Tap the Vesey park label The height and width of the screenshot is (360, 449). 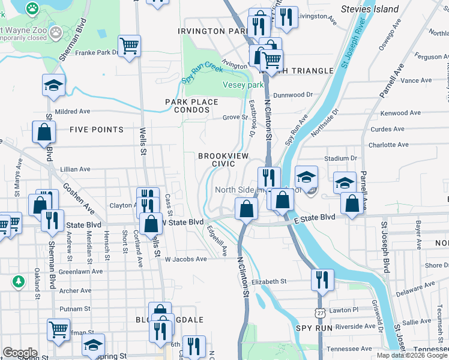tap(243, 85)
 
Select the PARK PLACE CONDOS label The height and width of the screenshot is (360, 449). tap(191, 106)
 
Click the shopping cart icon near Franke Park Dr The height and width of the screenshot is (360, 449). tap(130, 46)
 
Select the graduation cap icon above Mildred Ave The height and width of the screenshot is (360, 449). tap(53, 85)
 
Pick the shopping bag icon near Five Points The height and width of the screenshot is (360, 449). tap(44, 132)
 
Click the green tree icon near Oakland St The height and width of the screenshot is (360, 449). tap(19, 281)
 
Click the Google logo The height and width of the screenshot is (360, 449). tap(20, 352)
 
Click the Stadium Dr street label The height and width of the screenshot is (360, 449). tap(340, 158)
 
